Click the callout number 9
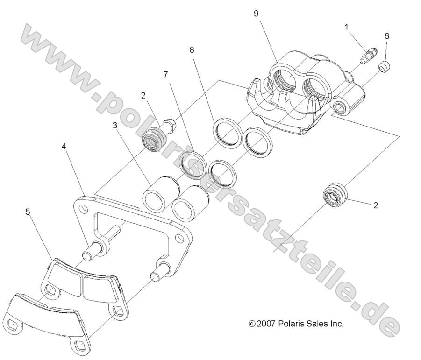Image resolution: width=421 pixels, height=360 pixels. point(256,14)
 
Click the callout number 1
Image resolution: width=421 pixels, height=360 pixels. point(347,27)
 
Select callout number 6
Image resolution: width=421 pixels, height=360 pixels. point(386,36)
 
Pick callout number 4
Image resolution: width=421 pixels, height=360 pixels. point(64,146)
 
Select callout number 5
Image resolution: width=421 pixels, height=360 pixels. point(28,212)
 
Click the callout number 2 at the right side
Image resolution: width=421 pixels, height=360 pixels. point(375,205)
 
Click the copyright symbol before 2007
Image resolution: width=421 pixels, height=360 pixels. point(252,324)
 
